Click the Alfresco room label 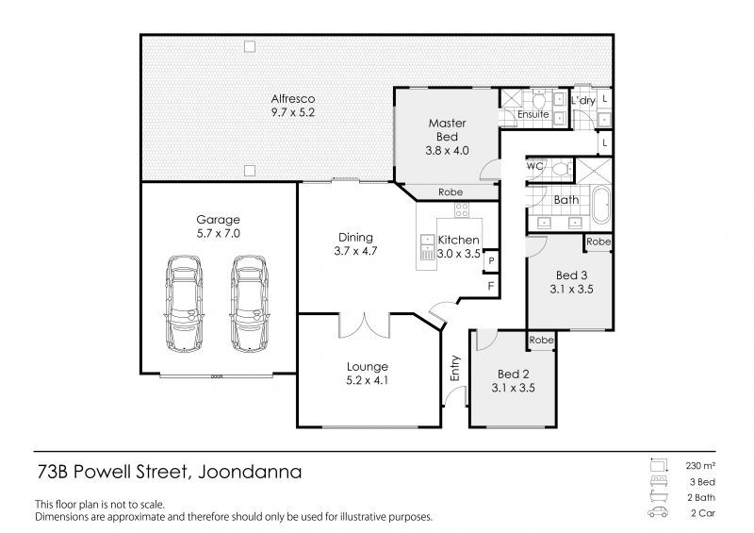pyautogui.click(x=293, y=99)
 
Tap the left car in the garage pyautogui.click(x=184, y=304)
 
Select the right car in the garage pyautogui.click(x=249, y=304)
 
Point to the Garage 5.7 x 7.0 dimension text pyautogui.click(x=218, y=234)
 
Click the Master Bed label pyautogui.click(x=447, y=130)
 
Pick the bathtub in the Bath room pyautogui.click(x=600, y=205)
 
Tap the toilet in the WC pyautogui.click(x=560, y=169)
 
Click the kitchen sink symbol pyautogui.click(x=427, y=247)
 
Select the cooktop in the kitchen pyautogui.click(x=462, y=210)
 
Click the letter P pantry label pyautogui.click(x=491, y=261)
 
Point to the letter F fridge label pyautogui.click(x=491, y=286)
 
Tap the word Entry pyautogui.click(x=455, y=368)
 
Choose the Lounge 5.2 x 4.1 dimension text pyautogui.click(x=368, y=380)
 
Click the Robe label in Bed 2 pyautogui.click(x=541, y=340)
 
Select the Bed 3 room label pyautogui.click(x=571, y=275)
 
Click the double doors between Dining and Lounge pyautogui.click(x=364, y=325)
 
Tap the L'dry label pyautogui.click(x=582, y=100)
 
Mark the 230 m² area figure pyautogui.click(x=700, y=466)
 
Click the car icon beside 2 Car pyautogui.click(x=658, y=512)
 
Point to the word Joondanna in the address pyautogui.click(x=250, y=472)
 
